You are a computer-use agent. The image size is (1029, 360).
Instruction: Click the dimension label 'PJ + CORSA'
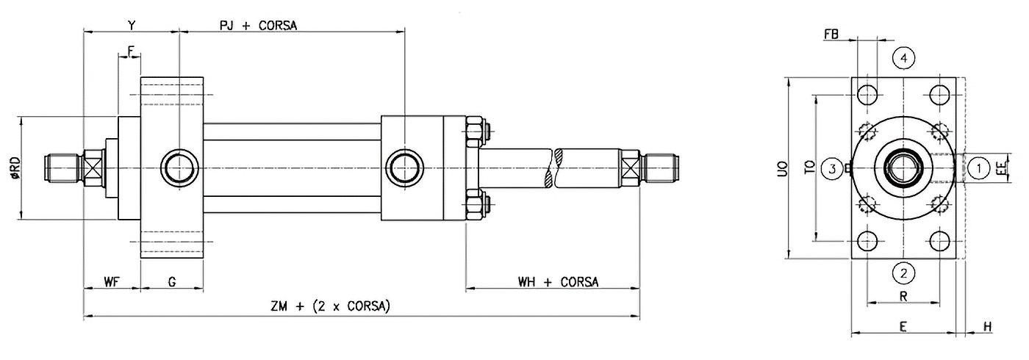tap(257, 25)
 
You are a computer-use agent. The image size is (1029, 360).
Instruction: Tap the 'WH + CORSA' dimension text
tap(558, 282)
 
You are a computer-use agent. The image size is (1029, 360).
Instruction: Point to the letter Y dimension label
tap(132, 25)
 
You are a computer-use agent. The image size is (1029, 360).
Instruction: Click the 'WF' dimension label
tap(111, 282)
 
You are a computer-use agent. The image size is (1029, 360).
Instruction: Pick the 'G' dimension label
tap(171, 282)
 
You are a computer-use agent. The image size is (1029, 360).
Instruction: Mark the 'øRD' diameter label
tap(15, 168)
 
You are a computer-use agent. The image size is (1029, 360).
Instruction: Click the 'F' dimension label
tap(130, 51)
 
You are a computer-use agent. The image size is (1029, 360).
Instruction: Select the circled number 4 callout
tap(903, 57)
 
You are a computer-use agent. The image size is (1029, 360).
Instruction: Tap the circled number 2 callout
tap(903, 273)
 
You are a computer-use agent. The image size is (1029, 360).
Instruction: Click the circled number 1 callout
tap(978, 168)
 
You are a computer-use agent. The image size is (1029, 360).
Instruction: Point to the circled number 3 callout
tap(832, 168)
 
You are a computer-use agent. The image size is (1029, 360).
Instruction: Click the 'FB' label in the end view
tap(831, 34)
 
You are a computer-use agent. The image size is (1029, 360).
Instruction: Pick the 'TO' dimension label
tap(808, 168)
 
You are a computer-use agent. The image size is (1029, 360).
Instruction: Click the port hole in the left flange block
tap(179, 167)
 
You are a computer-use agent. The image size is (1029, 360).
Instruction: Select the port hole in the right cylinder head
tap(404, 167)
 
